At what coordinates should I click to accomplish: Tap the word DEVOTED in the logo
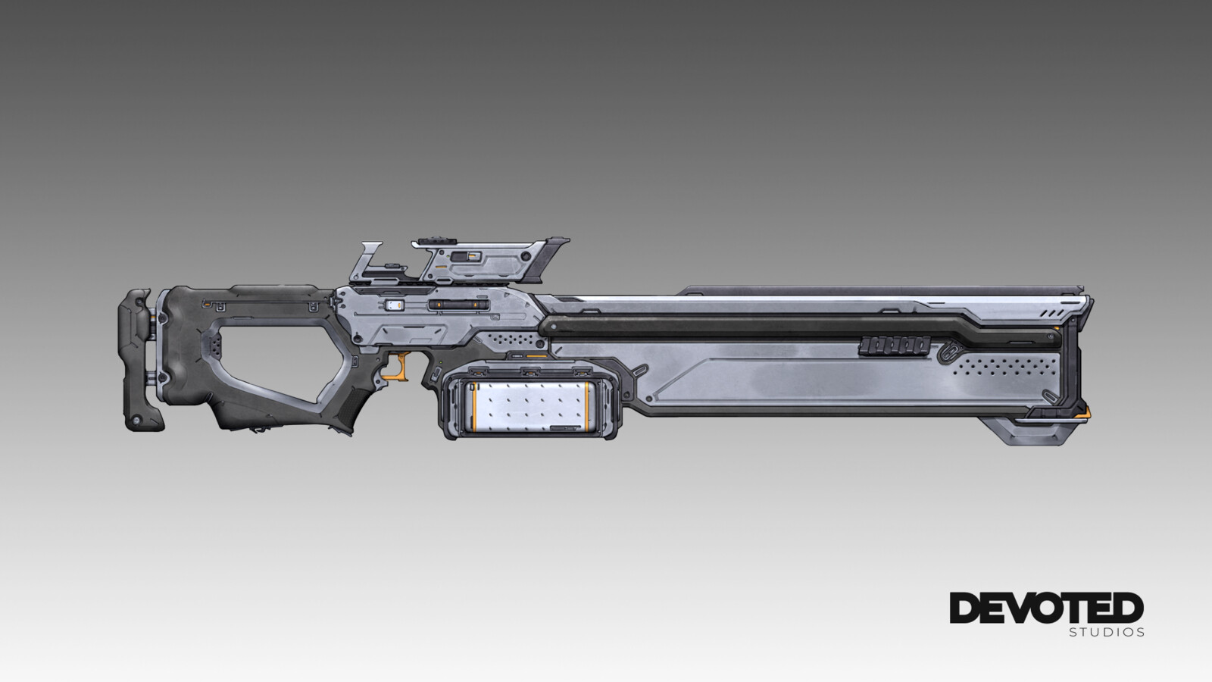tap(1046, 608)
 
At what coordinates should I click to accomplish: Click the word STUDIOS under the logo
tap(1107, 632)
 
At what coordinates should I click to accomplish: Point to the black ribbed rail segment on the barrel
tap(895, 346)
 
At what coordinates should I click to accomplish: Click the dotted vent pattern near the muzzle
tap(1004, 366)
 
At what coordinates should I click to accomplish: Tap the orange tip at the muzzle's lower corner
tap(1084, 413)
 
